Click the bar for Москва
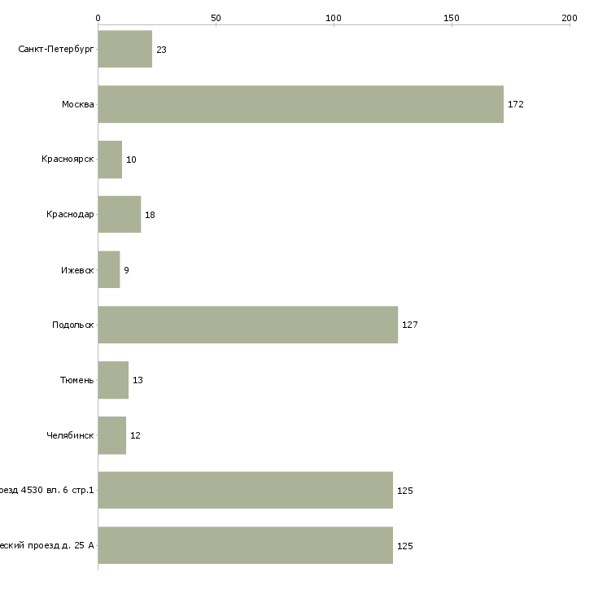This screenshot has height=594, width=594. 300,104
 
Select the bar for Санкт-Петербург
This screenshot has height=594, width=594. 124,50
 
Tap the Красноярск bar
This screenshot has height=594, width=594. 110,159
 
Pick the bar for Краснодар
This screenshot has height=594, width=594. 119,215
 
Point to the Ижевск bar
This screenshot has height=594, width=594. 108,269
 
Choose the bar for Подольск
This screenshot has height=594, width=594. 247,325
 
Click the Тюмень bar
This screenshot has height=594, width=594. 113,380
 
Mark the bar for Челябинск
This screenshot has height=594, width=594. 111,435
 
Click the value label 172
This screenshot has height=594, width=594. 516,105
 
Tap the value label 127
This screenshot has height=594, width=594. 409,325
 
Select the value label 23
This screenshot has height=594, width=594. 161,50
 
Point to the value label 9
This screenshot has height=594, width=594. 126,270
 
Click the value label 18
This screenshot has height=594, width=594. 150,216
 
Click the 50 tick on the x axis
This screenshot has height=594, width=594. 216,17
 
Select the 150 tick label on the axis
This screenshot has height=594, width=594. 452,17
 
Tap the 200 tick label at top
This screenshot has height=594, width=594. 569,17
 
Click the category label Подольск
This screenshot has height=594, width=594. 72,325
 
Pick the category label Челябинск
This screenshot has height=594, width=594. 70,435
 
